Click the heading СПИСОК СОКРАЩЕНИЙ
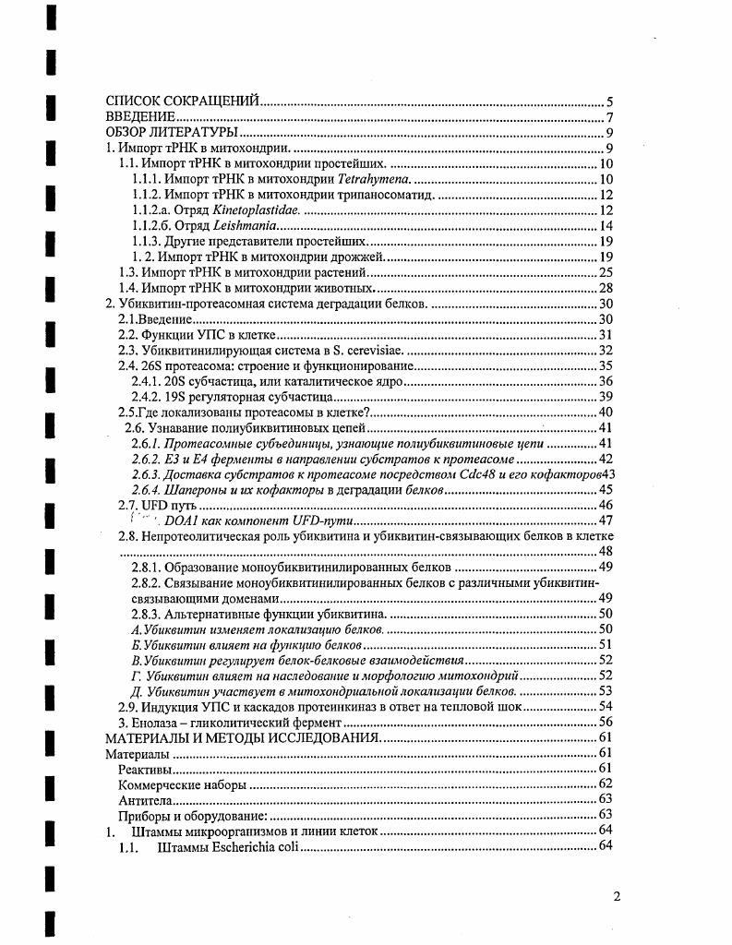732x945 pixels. pos(182,102)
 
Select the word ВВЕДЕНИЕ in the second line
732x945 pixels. pos(140,117)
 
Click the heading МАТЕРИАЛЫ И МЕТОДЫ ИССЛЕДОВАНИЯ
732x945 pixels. pos(242,738)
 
